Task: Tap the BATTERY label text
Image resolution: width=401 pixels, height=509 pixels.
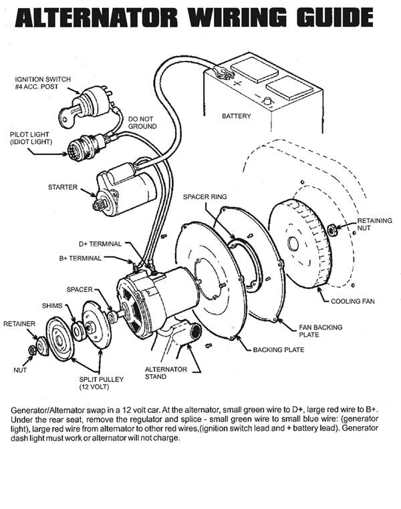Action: coord(236,116)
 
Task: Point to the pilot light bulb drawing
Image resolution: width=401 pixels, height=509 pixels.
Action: coord(84,146)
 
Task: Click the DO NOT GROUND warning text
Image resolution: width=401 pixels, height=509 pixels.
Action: coord(142,122)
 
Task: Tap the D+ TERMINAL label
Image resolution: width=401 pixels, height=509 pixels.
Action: coord(100,244)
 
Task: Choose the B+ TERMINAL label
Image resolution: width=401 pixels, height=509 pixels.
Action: coord(99,258)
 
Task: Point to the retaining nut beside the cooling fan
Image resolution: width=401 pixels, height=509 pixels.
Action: coord(331,230)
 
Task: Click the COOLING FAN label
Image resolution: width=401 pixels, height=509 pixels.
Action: coord(352,301)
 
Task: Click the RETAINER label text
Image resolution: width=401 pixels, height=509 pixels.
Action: coord(19,323)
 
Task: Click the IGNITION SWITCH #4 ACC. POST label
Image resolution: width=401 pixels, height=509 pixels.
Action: coord(39,83)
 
